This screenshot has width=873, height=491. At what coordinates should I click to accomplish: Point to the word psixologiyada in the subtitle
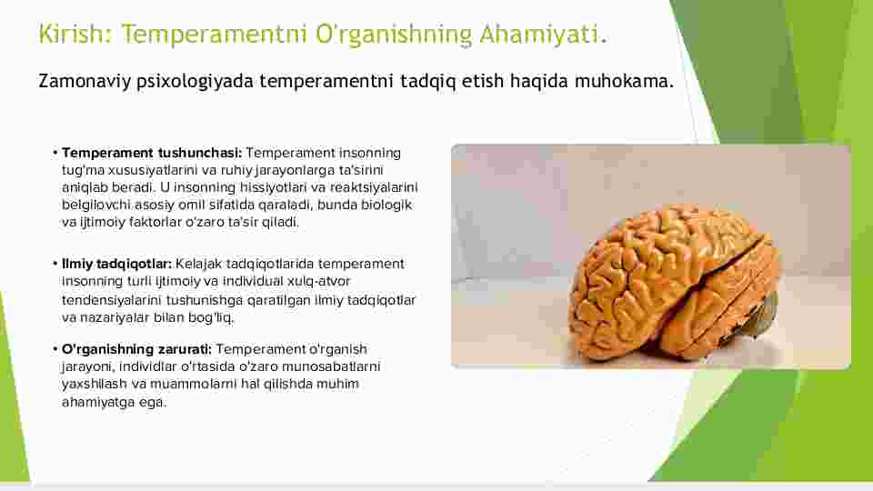(x=196, y=81)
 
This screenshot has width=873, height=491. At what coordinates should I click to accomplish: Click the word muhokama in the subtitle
(x=624, y=81)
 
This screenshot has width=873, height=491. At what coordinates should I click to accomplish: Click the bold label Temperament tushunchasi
(x=152, y=153)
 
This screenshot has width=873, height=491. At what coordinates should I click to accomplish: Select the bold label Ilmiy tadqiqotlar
(x=117, y=264)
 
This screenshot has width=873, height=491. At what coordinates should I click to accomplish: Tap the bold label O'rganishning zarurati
(x=137, y=349)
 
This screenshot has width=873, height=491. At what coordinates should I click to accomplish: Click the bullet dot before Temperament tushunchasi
(x=55, y=153)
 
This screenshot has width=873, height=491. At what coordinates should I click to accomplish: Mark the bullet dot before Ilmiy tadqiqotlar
(x=55, y=264)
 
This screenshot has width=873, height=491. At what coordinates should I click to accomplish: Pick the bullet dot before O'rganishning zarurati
(x=55, y=349)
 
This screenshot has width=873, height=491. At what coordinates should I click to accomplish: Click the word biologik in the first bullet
(x=387, y=205)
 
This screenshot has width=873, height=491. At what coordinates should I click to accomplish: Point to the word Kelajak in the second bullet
(x=199, y=264)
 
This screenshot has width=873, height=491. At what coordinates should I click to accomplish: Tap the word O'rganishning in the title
(x=394, y=35)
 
